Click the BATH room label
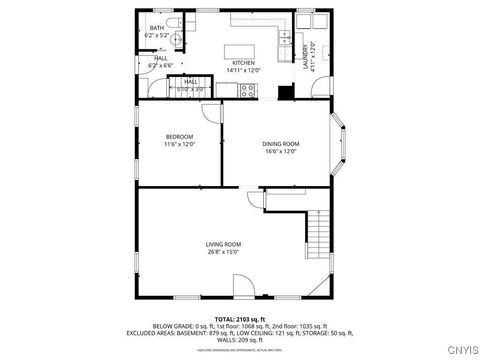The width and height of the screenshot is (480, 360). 157,27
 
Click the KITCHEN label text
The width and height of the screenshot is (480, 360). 243,63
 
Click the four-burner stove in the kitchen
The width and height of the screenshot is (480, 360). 246,90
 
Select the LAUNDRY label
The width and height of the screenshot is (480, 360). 306,54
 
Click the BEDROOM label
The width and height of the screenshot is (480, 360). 179,136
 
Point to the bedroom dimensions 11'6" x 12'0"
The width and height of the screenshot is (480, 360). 179,145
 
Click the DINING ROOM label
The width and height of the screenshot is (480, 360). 280,144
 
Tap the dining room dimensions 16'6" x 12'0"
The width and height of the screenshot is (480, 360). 280,153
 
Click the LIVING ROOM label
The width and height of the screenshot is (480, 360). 224,244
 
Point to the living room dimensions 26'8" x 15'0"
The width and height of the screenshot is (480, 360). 224,253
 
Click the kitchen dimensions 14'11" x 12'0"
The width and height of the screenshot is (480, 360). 243,71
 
